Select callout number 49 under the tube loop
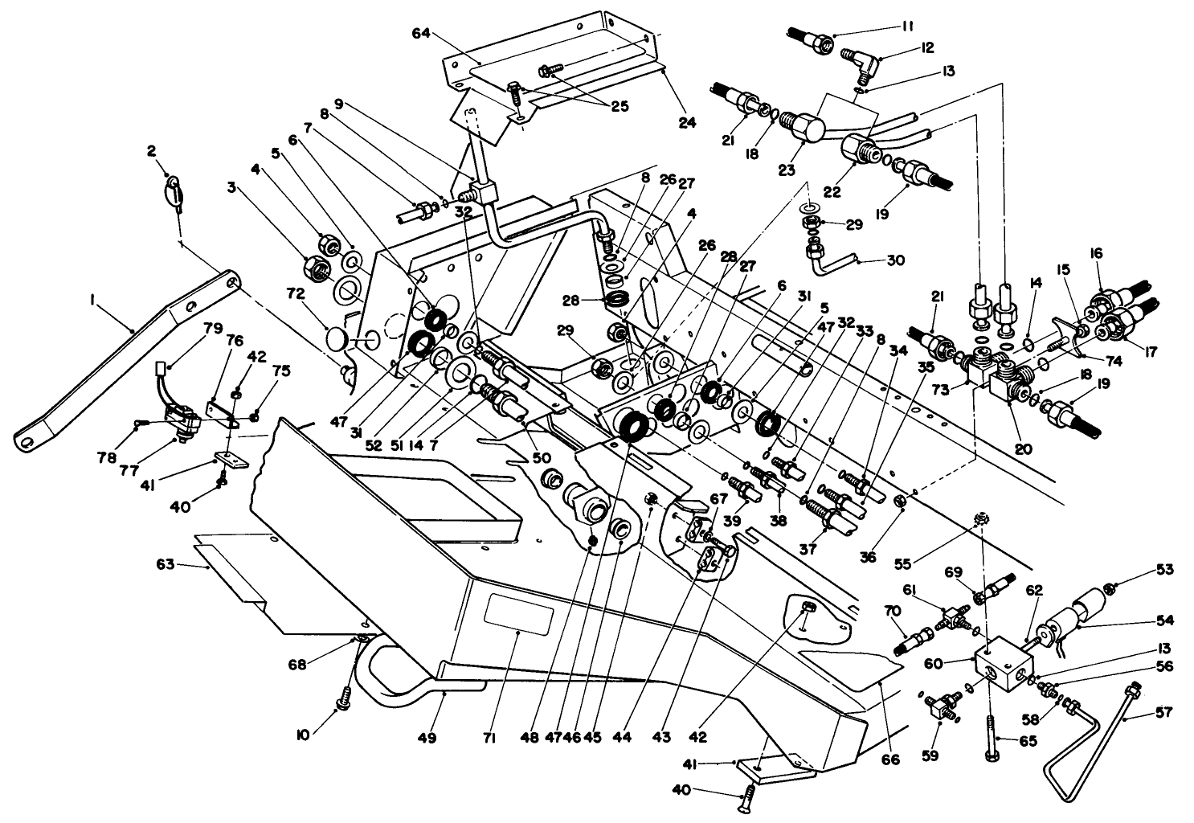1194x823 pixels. [427, 738]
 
